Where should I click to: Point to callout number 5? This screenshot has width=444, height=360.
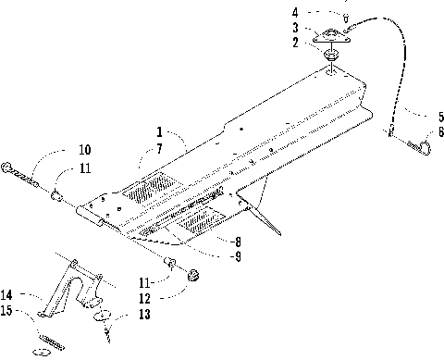(428, 118)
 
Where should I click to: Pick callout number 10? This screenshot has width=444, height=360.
(83, 149)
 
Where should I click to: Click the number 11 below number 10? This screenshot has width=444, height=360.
(83, 168)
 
